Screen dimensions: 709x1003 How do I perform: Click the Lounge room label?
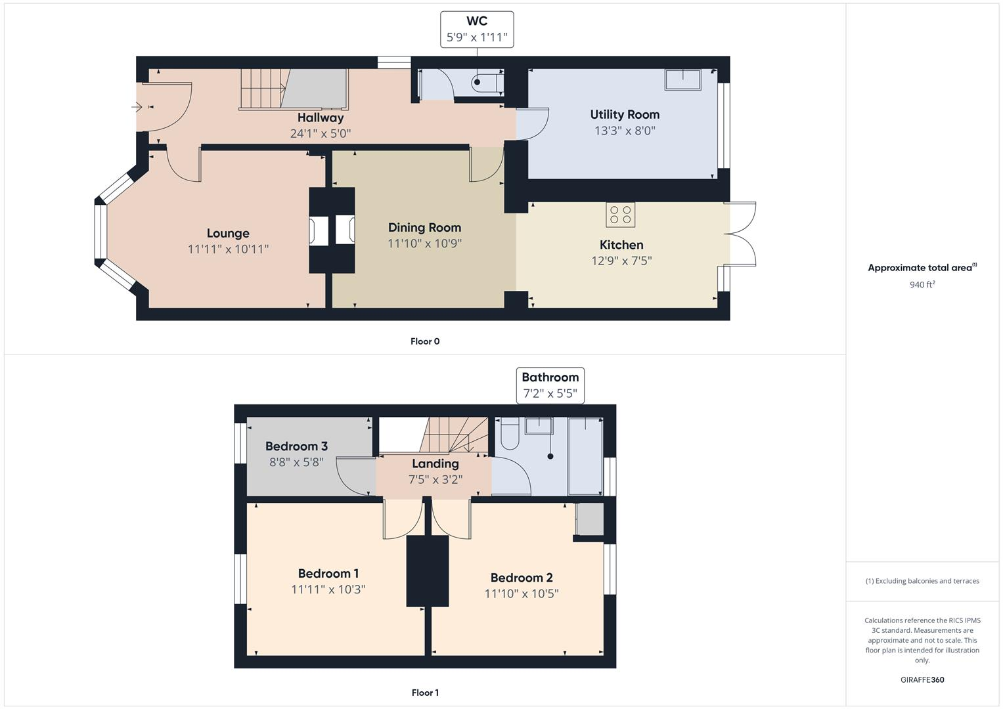tap(228, 233)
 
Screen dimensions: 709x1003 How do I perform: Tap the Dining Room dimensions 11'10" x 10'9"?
tap(424, 244)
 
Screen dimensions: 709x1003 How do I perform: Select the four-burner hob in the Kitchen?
tap(620, 215)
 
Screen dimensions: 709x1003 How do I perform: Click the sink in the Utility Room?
tap(682, 79)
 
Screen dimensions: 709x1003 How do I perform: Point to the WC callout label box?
tap(477, 30)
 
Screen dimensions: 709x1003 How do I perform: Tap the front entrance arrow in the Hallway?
tap(137, 107)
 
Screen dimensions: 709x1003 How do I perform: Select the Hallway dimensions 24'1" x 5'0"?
tap(321, 133)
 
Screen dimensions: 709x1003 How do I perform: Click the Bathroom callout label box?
tap(550, 385)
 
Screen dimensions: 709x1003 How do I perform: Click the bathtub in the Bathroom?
tap(585, 456)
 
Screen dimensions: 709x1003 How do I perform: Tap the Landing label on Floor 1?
tap(435, 463)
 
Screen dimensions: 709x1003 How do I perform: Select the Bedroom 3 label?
tap(296, 446)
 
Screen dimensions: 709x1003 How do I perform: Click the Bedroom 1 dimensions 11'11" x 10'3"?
tap(328, 590)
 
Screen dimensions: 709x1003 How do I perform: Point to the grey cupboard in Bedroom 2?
tap(590, 519)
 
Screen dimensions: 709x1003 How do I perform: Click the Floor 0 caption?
tap(425, 341)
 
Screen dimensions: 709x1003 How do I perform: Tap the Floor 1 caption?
tap(424, 693)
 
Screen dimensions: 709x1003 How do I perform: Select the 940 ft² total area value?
tap(922, 284)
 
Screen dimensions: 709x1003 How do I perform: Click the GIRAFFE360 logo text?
tap(922, 679)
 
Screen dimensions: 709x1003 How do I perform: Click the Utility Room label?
tap(625, 115)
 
